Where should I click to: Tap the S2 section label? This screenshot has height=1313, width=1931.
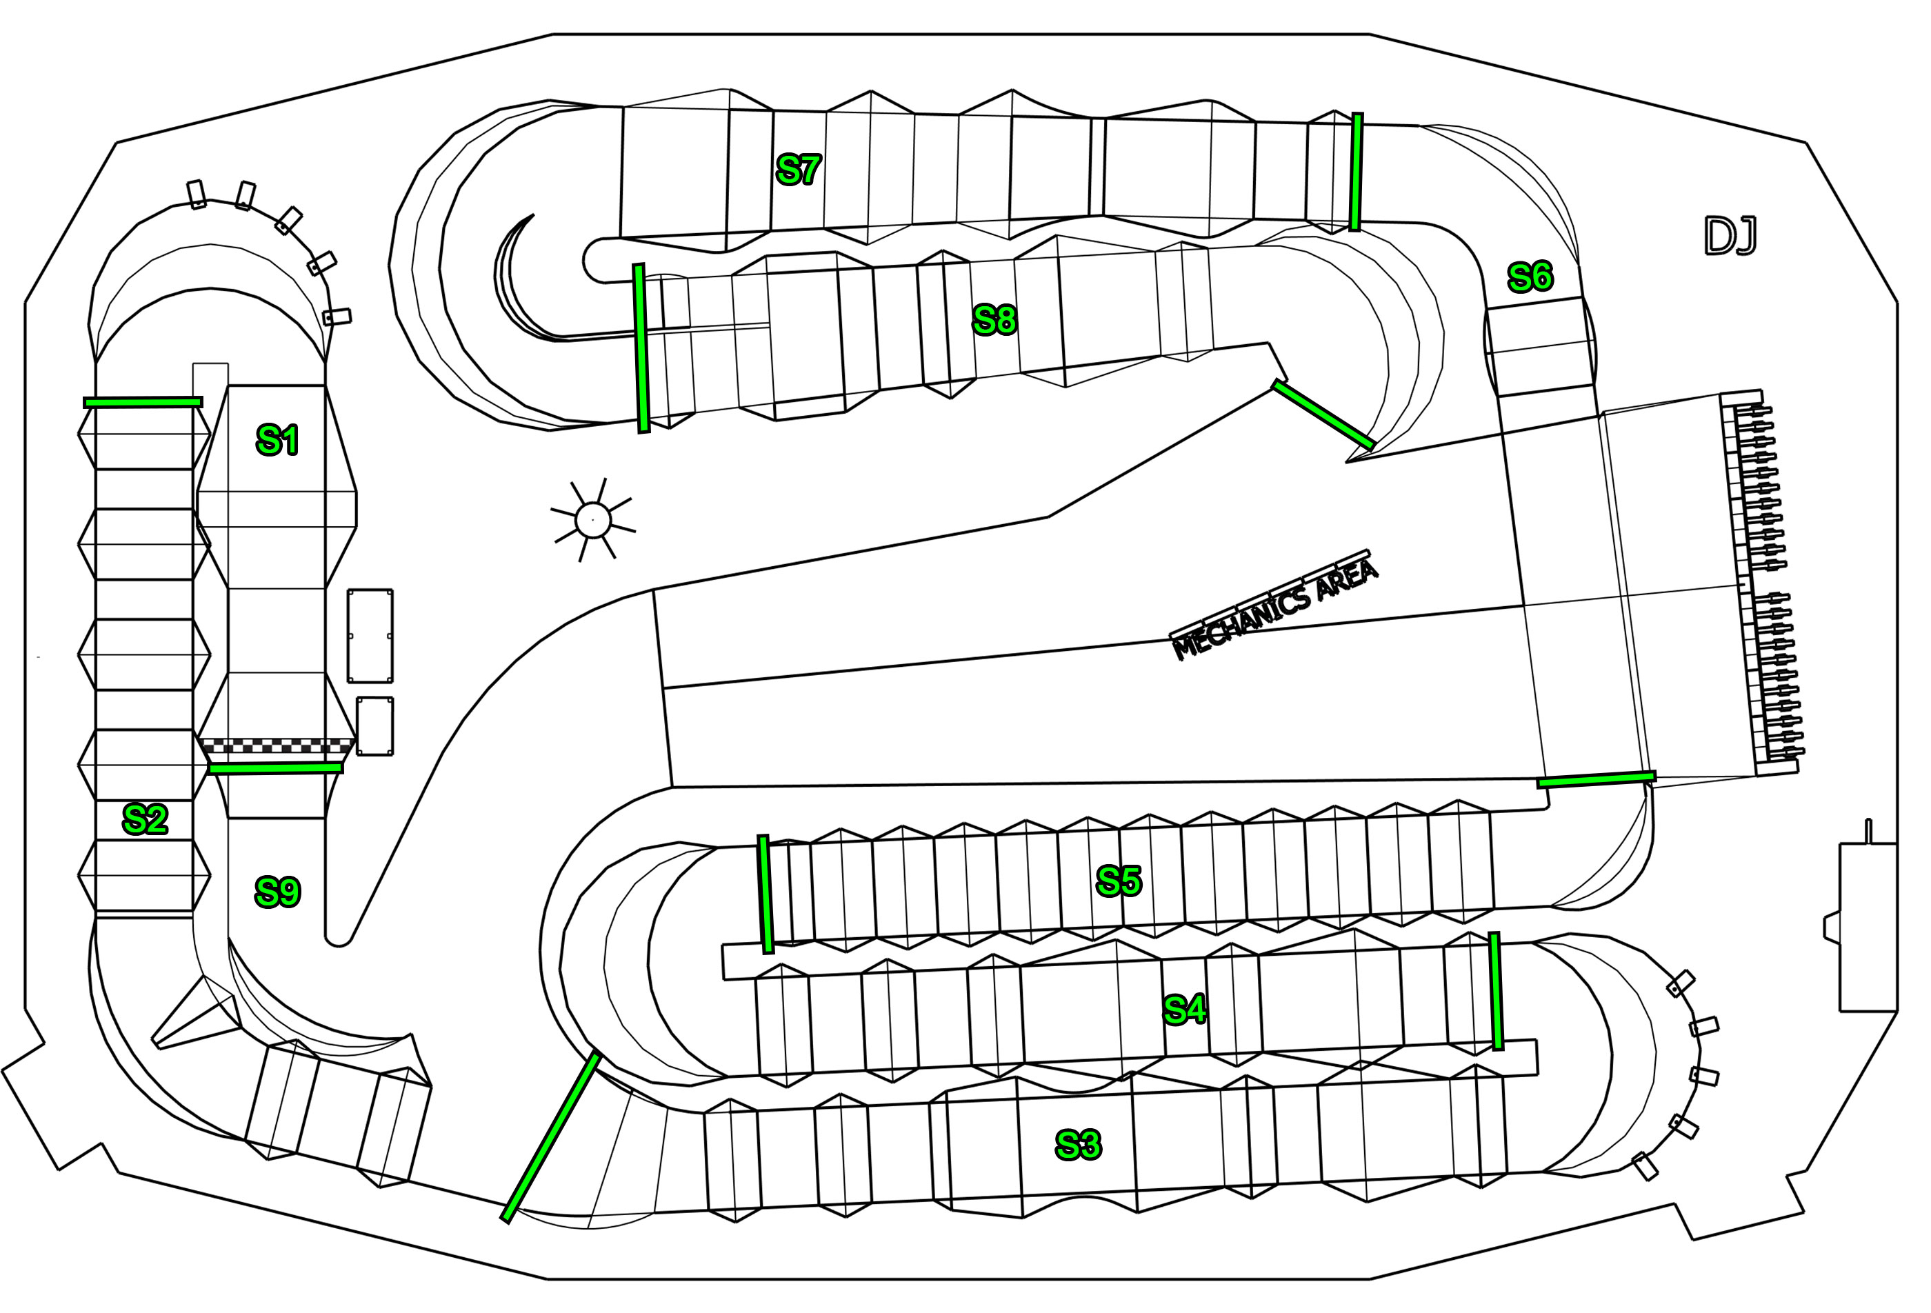pyautogui.click(x=146, y=819)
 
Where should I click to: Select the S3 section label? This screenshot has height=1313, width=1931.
pyautogui.click(x=1079, y=1145)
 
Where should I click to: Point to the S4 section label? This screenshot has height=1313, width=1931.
pyautogui.click(x=1185, y=1010)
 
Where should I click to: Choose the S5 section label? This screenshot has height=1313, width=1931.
pyautogui.click(x=1119, y=881)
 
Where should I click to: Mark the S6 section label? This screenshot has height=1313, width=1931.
pyautogui.click(x=1530, y=277)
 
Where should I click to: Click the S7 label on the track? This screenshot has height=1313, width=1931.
pyautogui.click(x=799, y=170)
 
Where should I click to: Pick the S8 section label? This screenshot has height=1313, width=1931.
pyautogui.click(x=994, y=320)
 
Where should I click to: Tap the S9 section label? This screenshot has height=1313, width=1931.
pyautogui.click(x=277, y=892)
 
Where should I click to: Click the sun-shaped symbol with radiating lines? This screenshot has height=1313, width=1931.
pyautogui.click(x=593, y=520)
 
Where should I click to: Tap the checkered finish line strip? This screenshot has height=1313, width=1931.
pyautogui.click(x=277, y=746)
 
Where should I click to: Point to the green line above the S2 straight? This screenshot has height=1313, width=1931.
pyautogui.click(x=143, y=402)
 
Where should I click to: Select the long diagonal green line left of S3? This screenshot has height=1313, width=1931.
pyautogui.click(x=551, y=1137)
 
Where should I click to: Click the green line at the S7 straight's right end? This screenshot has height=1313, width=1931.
pyautogui.click(x=1356, y=172)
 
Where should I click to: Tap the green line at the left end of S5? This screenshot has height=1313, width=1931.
pyautogui.click(x=766, y=894)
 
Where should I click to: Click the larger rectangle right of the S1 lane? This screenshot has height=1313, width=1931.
pyautogui.click(x=370, y=636)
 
